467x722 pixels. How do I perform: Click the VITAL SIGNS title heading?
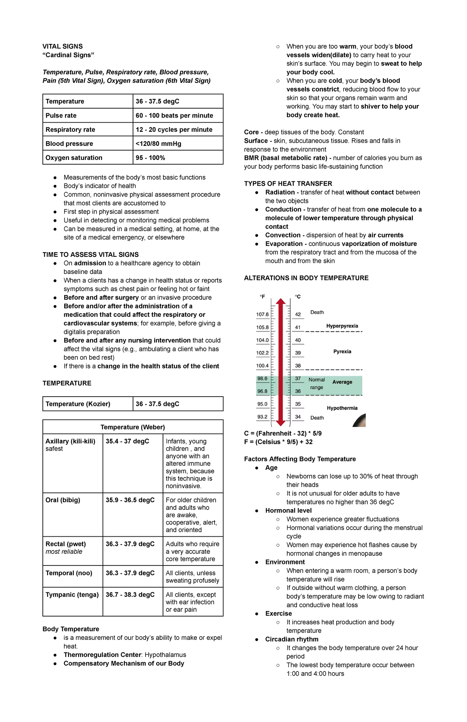pyautogui.click(x=62, y=46)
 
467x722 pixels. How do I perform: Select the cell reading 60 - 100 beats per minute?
pyautogui.click(x=174, y=116)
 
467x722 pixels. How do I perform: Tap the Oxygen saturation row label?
pyautogui.click(x=74, y=158)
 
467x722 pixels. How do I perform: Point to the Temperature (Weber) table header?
pyautogui.click(x=133, y=427)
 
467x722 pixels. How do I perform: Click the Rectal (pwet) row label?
pyautogui.click(x=66, y=544)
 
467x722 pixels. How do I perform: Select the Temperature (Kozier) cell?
pyautogui.click(x=78, y=404)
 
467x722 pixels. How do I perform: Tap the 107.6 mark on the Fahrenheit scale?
pyautogui.click(x=262, y=314)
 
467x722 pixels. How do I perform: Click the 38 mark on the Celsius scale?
pyautogui.click(x=298, y=366)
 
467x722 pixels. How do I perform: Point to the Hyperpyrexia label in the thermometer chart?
pyautogui.click(x=342, y=326)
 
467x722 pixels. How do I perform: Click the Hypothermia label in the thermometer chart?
pyautogui.click(x=342, y=408)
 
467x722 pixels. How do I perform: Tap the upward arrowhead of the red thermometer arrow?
pyautogui.click(x=281, y=301)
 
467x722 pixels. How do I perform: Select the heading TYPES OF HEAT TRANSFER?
pyautogui.click(x=288, y=184)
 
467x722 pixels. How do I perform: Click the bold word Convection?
pyautogui.click(x=283, y=235)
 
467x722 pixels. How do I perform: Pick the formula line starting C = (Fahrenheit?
pyautogui.click(x=283, y=434)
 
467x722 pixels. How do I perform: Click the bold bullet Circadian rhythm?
pyautogui.click(x=292, y=639)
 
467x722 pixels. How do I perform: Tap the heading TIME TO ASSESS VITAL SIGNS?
pyautogui.click(x=91, y=255)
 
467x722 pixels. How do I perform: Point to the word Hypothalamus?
pyautogui.click(x=165, y=655)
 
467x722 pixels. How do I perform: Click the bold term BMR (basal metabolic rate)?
pyautogui.click(x=285, y=158)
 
